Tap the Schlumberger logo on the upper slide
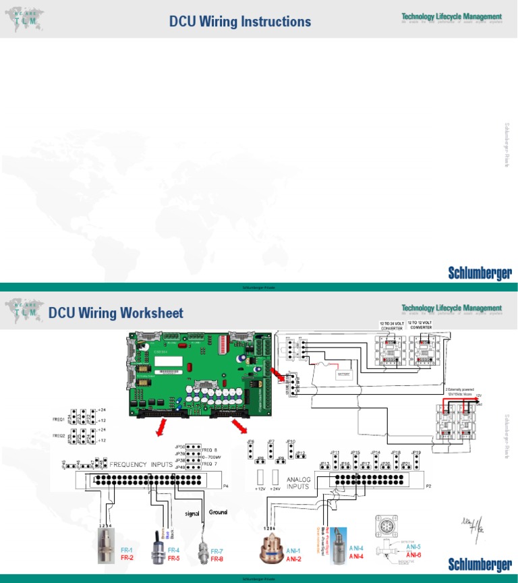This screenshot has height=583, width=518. (x=480, y=273)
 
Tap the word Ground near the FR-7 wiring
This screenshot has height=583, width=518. (x=218, y=511)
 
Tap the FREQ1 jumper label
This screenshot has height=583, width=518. (x=59, y=420)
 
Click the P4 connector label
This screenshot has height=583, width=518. (x=226, y=485)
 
